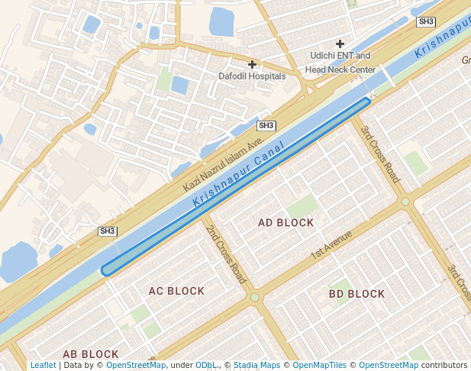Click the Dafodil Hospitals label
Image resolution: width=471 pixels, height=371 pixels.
(x=252, y=76)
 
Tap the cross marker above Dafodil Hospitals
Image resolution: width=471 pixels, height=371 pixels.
(x=252, y=64)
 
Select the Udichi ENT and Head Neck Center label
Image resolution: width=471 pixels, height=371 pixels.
(x=340, y=63)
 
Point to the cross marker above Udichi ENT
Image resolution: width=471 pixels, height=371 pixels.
(x=340, y=44)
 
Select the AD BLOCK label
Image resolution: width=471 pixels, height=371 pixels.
(x=286, y=223)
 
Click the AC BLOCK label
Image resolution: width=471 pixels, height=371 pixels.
(x=176, y=291)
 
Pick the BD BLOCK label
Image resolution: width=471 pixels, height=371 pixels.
(x=356, y=294)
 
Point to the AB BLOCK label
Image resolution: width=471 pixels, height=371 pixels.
(x=90, y=354)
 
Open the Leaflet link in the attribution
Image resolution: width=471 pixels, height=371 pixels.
(x=43, y=366)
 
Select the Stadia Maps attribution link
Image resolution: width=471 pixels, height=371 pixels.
(x=256, y=366)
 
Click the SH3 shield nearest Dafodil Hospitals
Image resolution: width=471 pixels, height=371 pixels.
(x=266, y=125)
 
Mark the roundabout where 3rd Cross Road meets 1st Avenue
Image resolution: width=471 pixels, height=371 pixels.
(x=405, y=202)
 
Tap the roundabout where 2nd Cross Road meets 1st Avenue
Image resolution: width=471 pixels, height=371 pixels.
(x=255, y=298)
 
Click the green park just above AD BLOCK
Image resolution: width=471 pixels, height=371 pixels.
(x=302, y=205)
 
